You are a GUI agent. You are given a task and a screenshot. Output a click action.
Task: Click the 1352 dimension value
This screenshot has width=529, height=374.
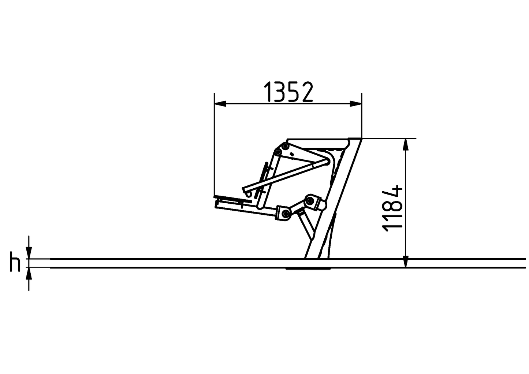(x=288, y=92)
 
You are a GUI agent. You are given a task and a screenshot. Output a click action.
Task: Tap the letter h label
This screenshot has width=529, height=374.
(x=15, y=262)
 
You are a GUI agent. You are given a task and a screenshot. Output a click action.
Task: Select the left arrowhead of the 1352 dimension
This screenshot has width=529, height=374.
(x=220, y=104)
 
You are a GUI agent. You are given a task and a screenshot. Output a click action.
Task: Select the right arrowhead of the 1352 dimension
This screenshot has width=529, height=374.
(x=356, y=104)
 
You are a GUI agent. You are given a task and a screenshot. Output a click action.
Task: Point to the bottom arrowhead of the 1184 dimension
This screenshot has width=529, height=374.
(x=406, y=262)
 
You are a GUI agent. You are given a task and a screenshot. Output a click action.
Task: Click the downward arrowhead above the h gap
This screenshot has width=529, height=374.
(x=29, y=253)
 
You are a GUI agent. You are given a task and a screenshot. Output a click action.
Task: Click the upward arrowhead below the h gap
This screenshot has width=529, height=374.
(x=29, y=273)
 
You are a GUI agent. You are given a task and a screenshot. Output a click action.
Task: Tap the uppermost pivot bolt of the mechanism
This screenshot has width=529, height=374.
(x=286, y=146)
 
